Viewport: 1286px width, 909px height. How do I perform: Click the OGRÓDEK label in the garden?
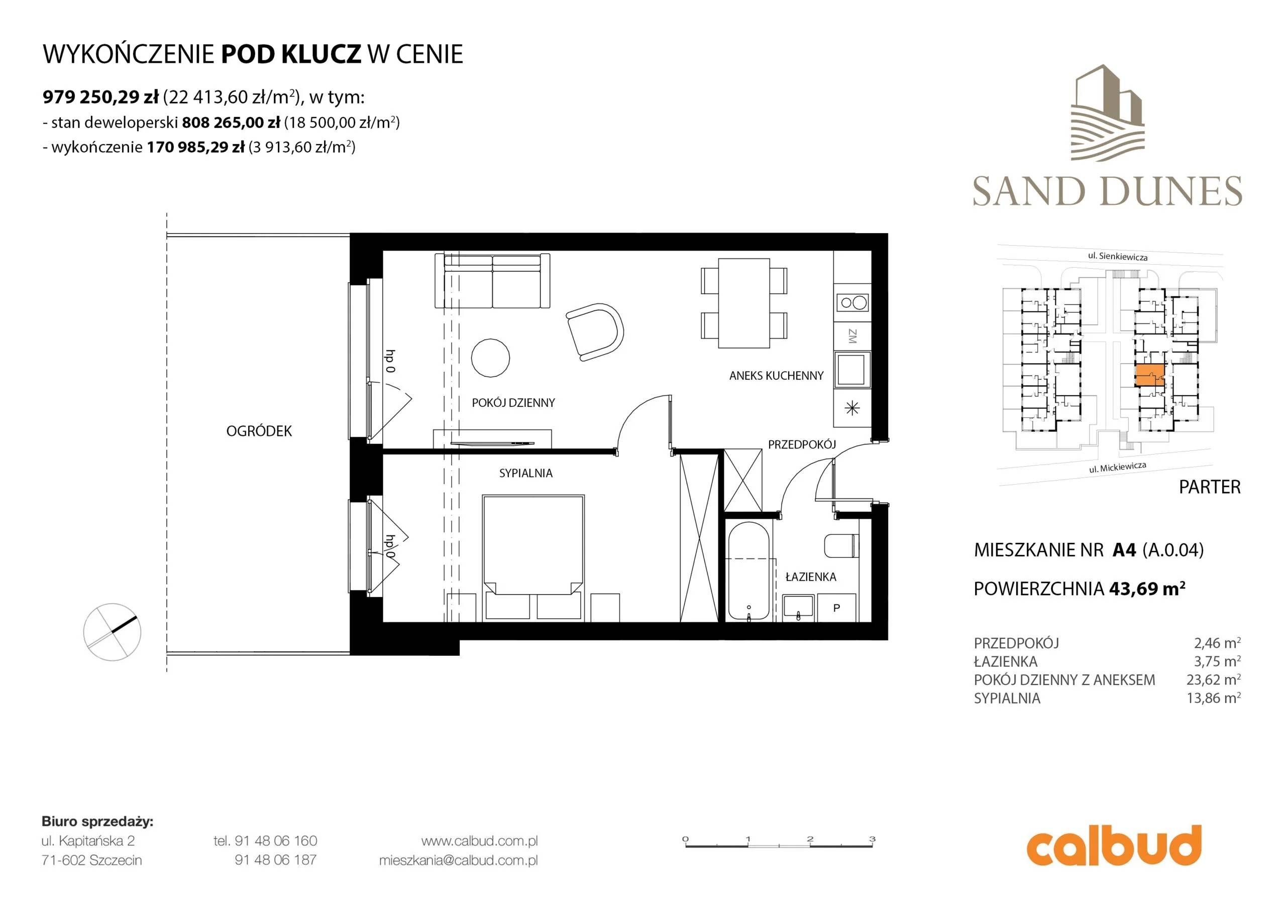click(x=259, y=431)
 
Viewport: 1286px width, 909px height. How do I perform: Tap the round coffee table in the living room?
click(x=491, y=358)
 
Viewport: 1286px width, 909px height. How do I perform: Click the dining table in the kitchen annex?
click(x=744, y=302)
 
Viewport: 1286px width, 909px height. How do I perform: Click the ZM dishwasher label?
click(x=852, y=336)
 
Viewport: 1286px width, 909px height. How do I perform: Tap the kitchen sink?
click(x=852, y=369)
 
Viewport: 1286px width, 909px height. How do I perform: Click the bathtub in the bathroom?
click(x=748, y=572)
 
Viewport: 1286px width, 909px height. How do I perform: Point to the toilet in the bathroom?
click(x=841, y=545)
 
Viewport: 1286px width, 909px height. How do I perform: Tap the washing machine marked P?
click(x=837, y=608)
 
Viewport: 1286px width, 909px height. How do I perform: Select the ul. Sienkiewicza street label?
click(x=1117, y=256)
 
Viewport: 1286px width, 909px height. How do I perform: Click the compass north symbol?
click(x=112, y=632)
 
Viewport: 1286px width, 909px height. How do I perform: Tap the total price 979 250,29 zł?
click(x=101, y=97)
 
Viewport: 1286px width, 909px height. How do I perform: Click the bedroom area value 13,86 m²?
click(x=1213, y=698)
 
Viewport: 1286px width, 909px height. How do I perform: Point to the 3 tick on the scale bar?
click(x=872, y=839)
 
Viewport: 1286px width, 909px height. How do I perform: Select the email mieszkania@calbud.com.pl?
click(x=458, y=860)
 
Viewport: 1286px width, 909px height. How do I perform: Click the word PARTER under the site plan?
click(x=1210, y=487)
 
